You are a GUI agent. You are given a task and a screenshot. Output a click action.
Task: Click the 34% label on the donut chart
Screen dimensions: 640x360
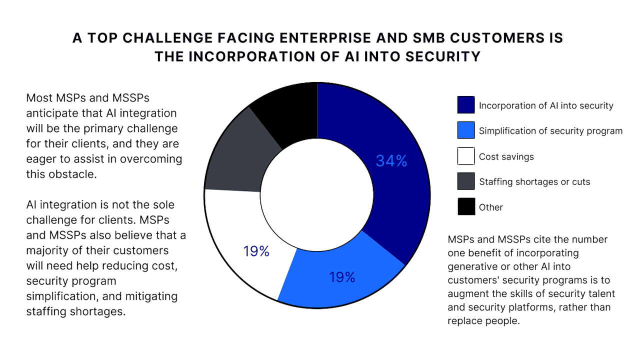(x=391, y=161)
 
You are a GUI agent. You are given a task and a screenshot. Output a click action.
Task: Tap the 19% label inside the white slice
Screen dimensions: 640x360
(x=256, y=251)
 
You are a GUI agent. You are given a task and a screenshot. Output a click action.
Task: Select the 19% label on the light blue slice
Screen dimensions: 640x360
(x=342, y=277)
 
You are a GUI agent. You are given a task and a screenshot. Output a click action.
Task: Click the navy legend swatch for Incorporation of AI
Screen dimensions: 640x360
(x=465, y=105)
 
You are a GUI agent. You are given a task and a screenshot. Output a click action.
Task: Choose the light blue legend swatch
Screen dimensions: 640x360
(x=465, y=130)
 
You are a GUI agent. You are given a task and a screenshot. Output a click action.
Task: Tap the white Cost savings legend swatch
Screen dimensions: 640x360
(x=465, y=156)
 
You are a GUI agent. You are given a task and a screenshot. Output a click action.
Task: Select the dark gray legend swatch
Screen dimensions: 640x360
(x=465, y=181)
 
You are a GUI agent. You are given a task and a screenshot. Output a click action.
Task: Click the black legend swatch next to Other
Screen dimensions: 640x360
(x=465, y=206)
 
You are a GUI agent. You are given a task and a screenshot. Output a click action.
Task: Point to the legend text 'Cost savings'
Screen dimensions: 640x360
(x=506, y=156)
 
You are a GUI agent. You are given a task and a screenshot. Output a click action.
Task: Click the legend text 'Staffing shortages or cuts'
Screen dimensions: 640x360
(x=534, y=181)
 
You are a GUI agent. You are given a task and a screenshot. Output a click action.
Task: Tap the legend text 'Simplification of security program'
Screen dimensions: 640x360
(x=551, y=131)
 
